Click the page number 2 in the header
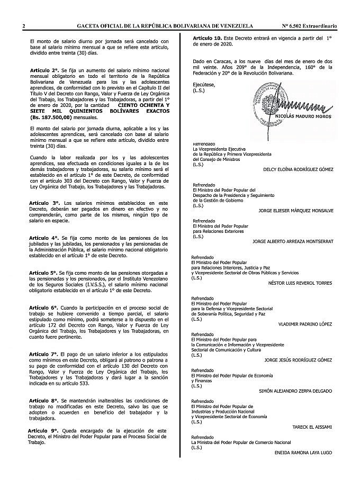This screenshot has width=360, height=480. click(x=24, y=26)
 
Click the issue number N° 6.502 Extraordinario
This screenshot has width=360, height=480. click(x=310, y=26)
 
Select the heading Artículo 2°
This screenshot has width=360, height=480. click(x=44, y=70)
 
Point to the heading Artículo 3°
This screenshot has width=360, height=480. click(x=44, y=203)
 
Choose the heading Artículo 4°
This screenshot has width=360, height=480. click(x=44, y=238)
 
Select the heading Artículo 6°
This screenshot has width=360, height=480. click(x=44, y=307)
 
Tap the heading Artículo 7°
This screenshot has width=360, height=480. click(x=44, y=354)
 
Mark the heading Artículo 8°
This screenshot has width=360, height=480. click(x=44, y=400)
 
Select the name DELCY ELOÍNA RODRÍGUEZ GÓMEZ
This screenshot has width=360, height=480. click(x=298, y=169)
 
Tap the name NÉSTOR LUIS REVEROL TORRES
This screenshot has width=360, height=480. click(x=301, y=283)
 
